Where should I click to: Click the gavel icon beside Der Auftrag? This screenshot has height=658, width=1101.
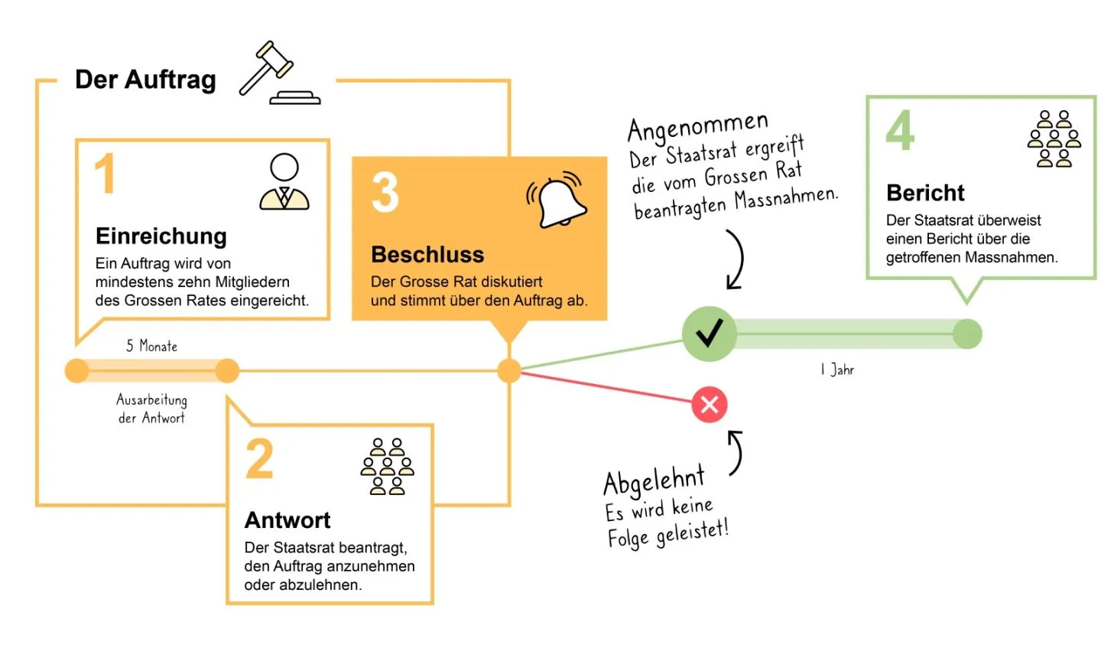[278, 73]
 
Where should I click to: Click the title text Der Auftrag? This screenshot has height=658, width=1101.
[145, 80]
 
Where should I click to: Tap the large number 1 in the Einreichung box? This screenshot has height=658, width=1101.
[105, 174]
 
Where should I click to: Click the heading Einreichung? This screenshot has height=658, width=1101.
[161, 236]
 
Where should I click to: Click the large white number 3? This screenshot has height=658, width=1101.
[385, 192]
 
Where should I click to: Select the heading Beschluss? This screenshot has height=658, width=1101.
[427, 254]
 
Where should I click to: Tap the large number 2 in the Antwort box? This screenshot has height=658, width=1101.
[260, 459]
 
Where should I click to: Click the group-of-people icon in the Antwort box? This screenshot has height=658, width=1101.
[387, 467]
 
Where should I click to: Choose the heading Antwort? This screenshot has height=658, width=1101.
[287, 520]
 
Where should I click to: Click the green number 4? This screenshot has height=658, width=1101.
[900, 131]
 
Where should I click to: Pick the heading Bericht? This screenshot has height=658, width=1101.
[925, 193]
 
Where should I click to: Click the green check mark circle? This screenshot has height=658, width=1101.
[710, 334]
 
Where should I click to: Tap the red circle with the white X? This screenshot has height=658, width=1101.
[710, 405]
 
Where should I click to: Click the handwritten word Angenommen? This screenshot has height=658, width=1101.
[697, 127]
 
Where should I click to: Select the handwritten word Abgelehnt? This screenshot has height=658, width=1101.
[654, 481]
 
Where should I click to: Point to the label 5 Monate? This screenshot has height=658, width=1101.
[152, 346]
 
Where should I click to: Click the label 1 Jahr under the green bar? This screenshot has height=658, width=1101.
[837, 370]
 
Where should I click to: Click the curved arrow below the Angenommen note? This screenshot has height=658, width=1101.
[735, 260]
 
